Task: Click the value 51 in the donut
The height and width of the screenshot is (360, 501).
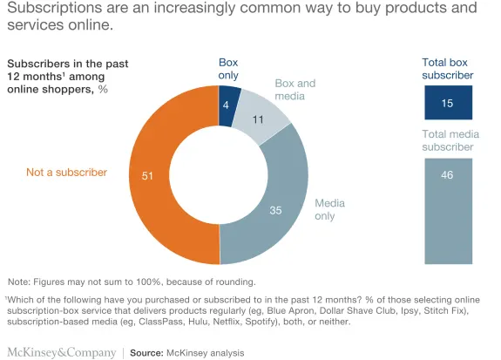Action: pyautogui.click(x=147, y=175)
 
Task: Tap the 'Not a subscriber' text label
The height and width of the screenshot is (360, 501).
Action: pyautogui.click(x=67, y=173)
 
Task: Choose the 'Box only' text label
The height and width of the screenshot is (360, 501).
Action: pyautogui.click(x=227, y=69)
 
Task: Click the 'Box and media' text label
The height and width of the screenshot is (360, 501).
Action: pyautogui.click(x=295, y=90)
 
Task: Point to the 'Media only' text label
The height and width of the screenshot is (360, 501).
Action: pyautogui.click(x=330, y=209)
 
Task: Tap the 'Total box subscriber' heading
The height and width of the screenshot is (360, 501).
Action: pyautogui.click(x=448, y=69)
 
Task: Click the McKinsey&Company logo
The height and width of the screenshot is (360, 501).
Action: pyautogui.click(x=61, y=352)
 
